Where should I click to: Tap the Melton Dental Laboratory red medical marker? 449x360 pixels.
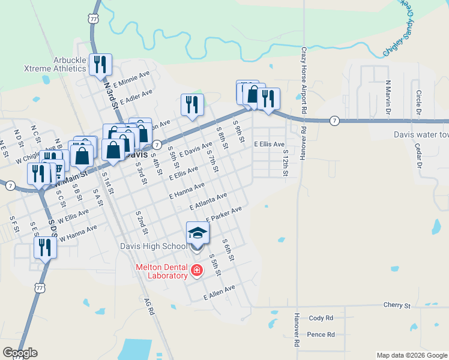point(196,271)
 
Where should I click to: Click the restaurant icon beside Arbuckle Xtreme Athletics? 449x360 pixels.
point(100,64)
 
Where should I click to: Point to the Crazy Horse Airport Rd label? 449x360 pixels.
point(304,81)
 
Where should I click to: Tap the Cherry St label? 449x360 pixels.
point(397,305)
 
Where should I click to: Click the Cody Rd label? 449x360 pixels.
point(321,318)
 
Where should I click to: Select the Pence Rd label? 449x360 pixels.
point(320,335)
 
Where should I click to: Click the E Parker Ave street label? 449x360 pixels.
point(224,214)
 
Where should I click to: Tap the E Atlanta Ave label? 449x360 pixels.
point(208,201)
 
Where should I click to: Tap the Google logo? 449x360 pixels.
point(20,353)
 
